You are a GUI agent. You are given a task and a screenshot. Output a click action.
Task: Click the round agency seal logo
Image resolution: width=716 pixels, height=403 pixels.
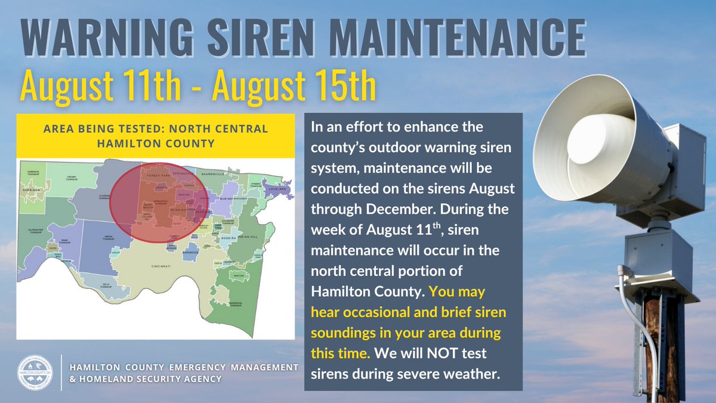pyautogui.click(x=38, y=371)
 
